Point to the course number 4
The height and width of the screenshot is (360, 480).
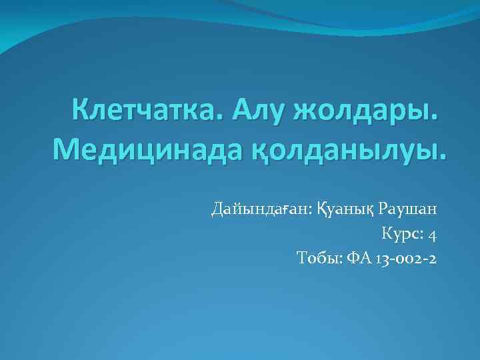click(x=433, y=235)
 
